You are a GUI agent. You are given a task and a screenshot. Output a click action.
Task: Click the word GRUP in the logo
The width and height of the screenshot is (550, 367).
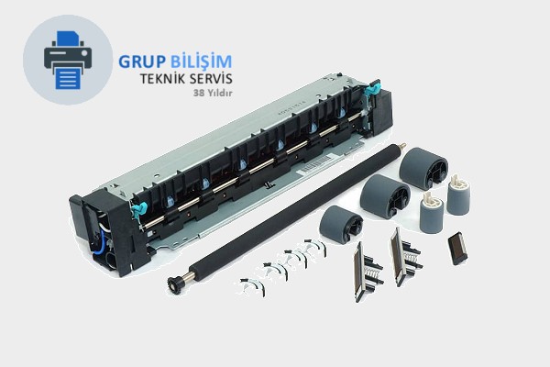[142, 61]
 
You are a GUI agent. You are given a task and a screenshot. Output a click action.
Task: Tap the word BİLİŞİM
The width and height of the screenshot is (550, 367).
[201, 61]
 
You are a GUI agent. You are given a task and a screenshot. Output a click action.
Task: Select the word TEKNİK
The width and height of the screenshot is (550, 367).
[162, 78]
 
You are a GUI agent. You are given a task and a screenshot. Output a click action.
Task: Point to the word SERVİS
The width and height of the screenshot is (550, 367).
[210, 78]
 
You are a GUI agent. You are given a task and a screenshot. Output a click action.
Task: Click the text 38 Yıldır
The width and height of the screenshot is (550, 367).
[213, 93]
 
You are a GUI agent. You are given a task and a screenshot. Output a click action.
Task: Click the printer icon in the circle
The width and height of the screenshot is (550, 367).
[68, 60]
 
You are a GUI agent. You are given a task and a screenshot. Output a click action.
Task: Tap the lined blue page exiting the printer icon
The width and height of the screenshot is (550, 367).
[68, 78]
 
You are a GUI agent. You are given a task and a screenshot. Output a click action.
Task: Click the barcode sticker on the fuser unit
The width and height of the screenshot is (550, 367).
[316, 164]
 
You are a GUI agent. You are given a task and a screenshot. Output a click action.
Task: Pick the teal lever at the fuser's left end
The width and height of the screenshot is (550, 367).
[137, 209]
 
